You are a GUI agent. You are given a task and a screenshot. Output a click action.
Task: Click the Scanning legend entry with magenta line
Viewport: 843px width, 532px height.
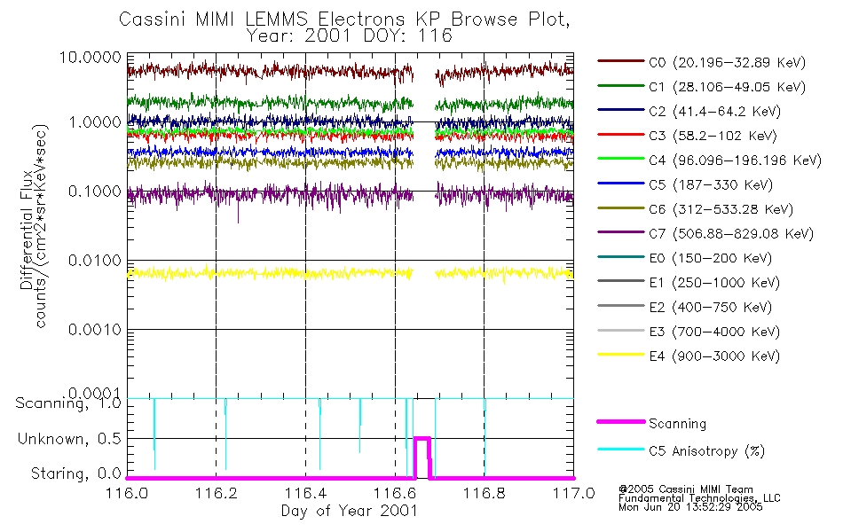(x=677, y=424)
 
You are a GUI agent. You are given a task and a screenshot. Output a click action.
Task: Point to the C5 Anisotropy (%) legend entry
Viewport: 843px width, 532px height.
(x=706, y=451)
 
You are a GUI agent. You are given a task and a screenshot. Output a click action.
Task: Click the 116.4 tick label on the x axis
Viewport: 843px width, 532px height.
(x=305, y=493)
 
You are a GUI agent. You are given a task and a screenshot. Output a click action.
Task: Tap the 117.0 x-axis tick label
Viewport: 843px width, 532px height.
(x=572, y=493)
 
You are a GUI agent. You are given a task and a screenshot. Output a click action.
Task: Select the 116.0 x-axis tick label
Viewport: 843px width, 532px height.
(x=127, y=493)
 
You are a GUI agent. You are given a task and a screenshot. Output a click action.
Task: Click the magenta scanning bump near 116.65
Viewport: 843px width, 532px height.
(x=422, y=438)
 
